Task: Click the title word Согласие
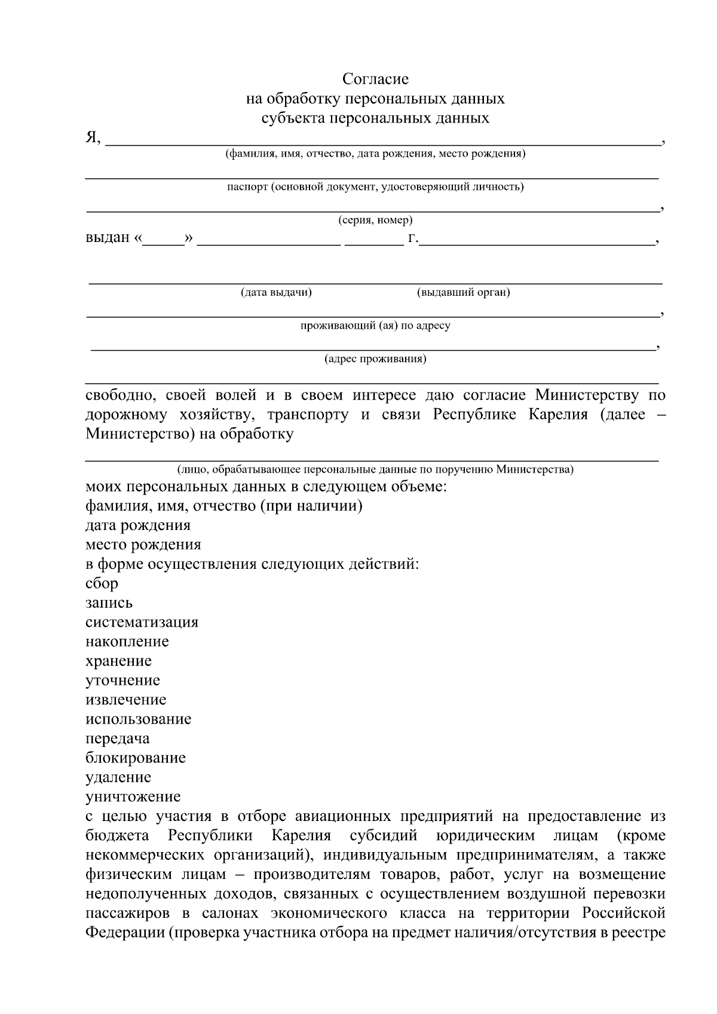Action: click(375, 79)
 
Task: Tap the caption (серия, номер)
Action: click(375, 220)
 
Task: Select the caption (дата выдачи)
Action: click(276, 293)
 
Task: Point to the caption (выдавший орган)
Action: click(463, 293)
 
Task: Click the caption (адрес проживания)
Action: click(375, 359)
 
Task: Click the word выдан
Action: click(108, 238)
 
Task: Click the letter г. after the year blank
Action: click(413, 238)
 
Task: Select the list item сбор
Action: click(102, 583)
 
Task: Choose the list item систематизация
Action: click(142, 622)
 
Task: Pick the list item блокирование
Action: click(135, 758)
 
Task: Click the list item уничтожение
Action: click(133, 797)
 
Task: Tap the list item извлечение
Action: click(125, 700)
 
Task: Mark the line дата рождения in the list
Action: click(137, 525)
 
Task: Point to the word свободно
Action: click(121, 395)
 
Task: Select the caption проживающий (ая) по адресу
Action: click(375, 326)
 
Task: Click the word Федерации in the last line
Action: click(123, 933)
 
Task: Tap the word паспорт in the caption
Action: click(246, 187)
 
